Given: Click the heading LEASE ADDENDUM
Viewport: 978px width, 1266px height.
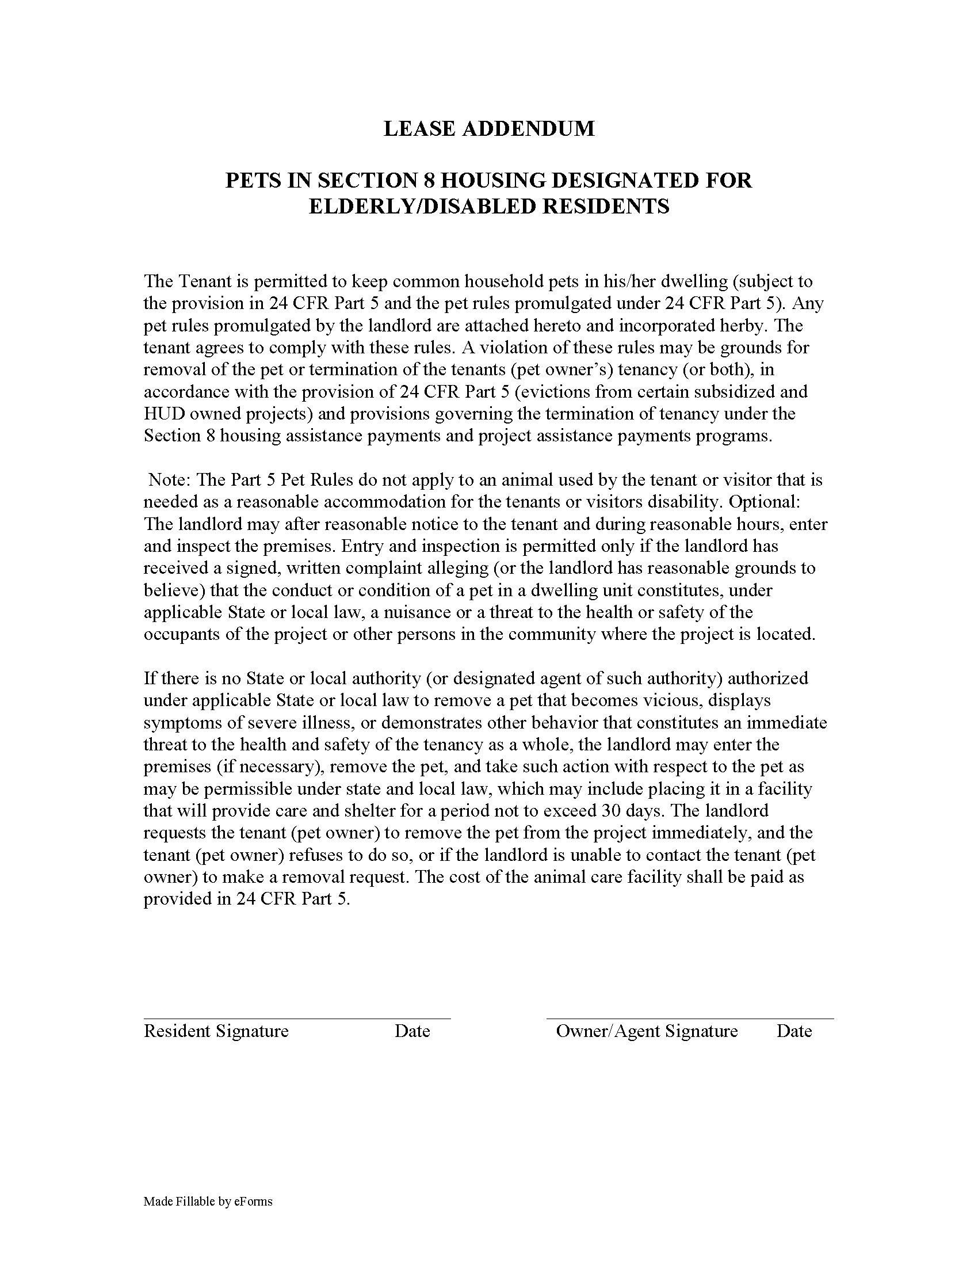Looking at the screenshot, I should [x=488, y=129].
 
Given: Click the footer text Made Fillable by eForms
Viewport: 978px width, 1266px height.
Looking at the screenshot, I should [x=208, y=1202].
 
